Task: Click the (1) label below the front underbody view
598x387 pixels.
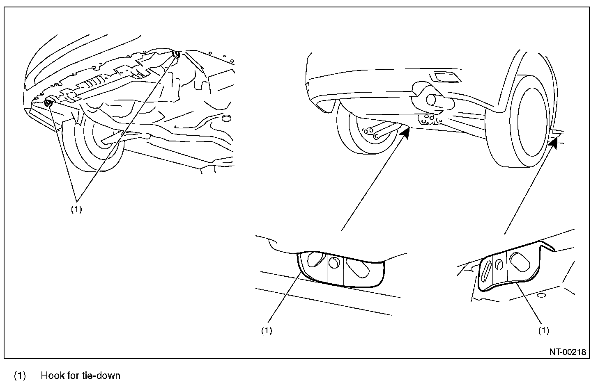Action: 76,209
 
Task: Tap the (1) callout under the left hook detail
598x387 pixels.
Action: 267,330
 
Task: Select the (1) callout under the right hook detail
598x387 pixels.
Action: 543,330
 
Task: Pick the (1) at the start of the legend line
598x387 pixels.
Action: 20,376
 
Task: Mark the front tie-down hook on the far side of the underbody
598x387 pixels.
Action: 177,54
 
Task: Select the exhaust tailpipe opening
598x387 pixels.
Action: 432,100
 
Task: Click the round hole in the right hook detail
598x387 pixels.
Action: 499,264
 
